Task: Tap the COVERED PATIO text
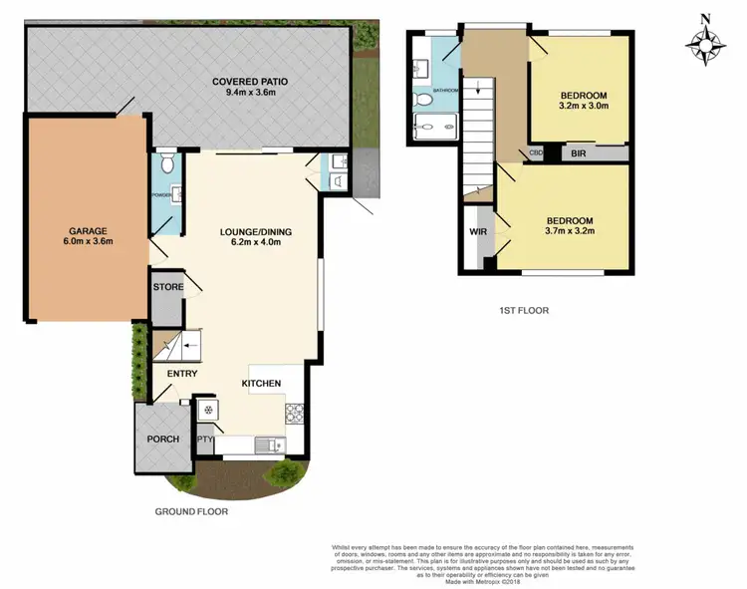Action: tap(249, 82)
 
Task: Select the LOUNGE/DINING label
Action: tap(256, 233)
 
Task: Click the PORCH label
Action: tap(162, 439)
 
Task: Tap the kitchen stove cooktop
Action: tap(296, 412)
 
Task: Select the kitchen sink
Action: tap(269, 444)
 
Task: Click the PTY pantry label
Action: tap(205, 439)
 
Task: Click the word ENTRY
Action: tap(182, 374)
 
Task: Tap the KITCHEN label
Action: tap(261, 383)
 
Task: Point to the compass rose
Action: tap(705, 41)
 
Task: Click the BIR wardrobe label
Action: tap(579, 154)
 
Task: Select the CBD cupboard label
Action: tap(536, 153)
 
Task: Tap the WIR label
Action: tap(477, 232)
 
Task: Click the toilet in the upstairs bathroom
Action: tap(423, 100)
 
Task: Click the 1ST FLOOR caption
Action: tap(524, 310)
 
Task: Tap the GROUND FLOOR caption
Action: tap(191, 511)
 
